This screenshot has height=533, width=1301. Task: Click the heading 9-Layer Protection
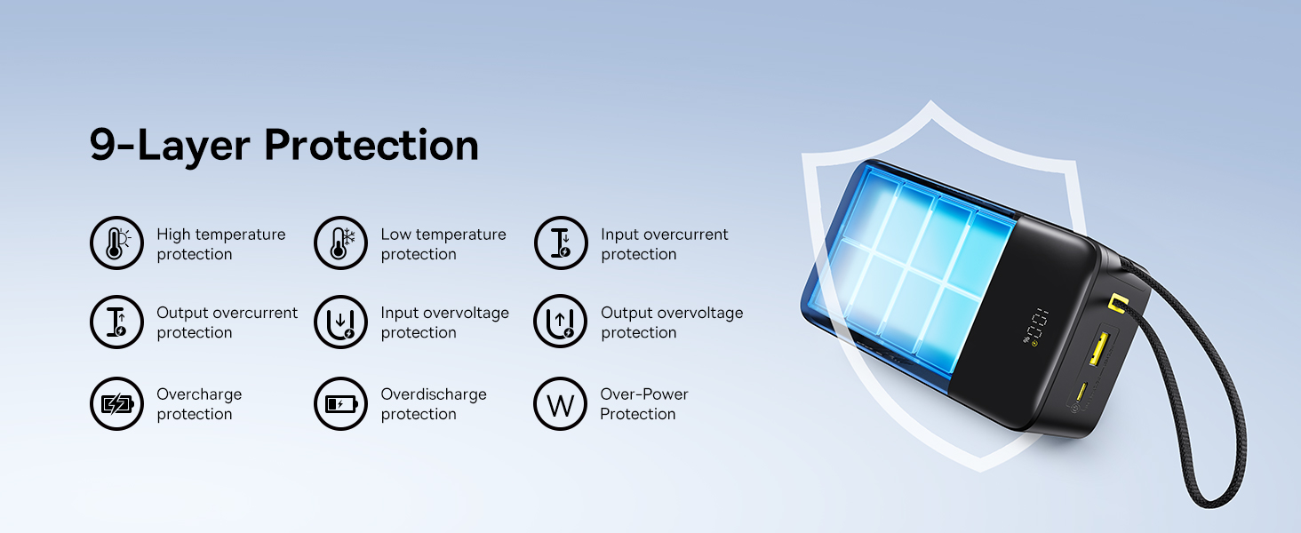pos(284,145)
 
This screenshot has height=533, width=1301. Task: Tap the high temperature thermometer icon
pos(116,243)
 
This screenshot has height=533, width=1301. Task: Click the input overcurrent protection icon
pos(561,243)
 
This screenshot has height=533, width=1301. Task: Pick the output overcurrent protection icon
pos(116,322)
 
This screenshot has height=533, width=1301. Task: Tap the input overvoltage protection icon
pos(341,322)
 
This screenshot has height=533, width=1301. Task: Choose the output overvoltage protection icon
pos(561,322)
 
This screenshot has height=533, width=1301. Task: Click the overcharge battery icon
pos(116,403)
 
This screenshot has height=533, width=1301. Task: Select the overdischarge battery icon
pos(341,403)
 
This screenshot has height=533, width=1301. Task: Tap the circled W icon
pos(561,403)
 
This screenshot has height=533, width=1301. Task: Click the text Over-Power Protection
pos(644,404)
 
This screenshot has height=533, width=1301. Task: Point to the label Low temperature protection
pos(443,244)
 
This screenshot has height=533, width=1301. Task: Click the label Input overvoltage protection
pos(445,322)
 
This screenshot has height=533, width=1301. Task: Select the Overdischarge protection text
pos(434,404)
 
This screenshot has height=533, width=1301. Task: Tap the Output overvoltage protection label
pos(672,322)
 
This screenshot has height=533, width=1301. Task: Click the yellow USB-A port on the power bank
pos(1099,348)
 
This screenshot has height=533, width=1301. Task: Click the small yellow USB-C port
pos(1081,392)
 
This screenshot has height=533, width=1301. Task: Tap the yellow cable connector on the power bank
pos(1118,302)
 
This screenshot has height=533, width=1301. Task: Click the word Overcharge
pos(199,394)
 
